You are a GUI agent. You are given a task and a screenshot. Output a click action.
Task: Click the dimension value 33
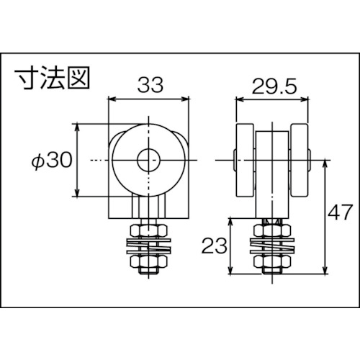(x=148, y=85)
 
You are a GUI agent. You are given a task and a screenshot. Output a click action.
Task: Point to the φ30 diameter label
(x=53, y=160)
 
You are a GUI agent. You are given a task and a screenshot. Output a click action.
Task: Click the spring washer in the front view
(x=148, y=246)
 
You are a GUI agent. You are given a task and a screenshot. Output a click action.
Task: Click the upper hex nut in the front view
(x=148, y=230)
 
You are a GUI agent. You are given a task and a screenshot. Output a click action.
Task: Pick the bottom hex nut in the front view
(x=148, y=266)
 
